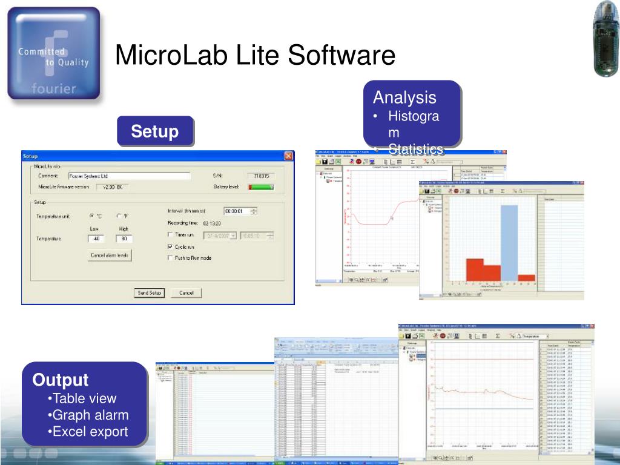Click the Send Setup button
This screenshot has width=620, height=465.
click(x=149, y=293)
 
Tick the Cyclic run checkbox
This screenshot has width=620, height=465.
click(x=170, y=247)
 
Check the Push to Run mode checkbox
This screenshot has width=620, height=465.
click(x=170, y=258)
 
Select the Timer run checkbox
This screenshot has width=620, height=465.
click(x=170, y=235)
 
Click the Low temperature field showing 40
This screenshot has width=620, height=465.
click(x=95, y=239)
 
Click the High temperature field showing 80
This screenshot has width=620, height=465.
click(x=124, y=239)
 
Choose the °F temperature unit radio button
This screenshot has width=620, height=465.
click(x=119, y=216)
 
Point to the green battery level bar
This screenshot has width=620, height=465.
click(x=261, y=187)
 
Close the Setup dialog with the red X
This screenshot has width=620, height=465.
click(x=288, y=156)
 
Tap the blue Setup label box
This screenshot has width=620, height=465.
click(x=155, y=131)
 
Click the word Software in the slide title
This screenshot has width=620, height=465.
click(x=341, y=56)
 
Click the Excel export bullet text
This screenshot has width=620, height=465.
click(x=90, y=432)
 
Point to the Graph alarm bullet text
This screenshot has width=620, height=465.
click(x=90, y=415)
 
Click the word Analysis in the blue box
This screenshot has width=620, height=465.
click(x=404, y=97)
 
